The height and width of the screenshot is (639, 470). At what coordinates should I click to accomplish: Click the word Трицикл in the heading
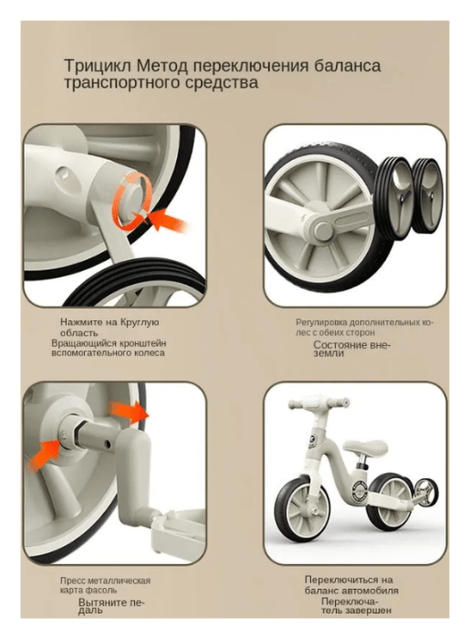pos(98,66)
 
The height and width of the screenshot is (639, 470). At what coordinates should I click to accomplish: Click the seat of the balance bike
pos(365,446)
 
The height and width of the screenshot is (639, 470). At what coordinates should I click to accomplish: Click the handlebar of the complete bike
pos(319,403)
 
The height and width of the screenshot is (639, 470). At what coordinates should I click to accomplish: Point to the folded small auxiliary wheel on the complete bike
pos(427,493)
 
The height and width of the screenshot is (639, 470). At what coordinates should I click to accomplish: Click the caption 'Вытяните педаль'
pos(110,606)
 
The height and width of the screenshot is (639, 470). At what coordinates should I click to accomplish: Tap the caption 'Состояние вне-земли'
pos(352,349)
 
